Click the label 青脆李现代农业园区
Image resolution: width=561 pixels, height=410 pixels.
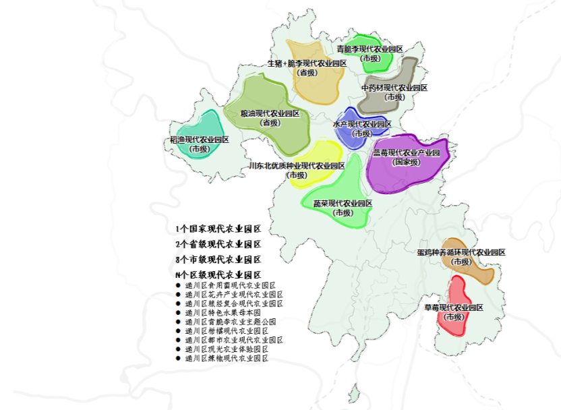point(370,49)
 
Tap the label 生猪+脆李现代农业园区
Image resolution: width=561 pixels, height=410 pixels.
point(307,63)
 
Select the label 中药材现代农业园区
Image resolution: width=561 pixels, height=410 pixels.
point(394,88)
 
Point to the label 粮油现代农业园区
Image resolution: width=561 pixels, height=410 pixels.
point(270,113)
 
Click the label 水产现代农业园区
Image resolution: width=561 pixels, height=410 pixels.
point(362,124)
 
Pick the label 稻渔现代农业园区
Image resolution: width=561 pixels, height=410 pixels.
point(200,140)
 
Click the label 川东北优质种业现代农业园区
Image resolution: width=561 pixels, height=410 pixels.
point(297,166)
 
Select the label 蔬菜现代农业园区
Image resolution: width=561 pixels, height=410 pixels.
point(343,203)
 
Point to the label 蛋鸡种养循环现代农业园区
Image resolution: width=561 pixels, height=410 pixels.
point(461,252)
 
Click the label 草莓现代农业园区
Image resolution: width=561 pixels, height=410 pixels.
point(454,307)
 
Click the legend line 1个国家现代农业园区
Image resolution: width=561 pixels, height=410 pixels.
point(218,229)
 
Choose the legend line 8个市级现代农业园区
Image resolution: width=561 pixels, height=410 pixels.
point(218,260)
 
